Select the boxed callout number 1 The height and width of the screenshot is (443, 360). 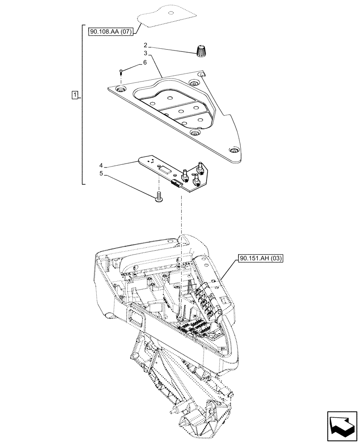pyautogui.click(x=75, y=95)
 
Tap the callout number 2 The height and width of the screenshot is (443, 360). pyautogui.click(x=145, y=45)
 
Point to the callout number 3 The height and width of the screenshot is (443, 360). pyautogui.click(x=145, y=53)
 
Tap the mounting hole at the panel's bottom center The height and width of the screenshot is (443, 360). pyautogui.click(x=194, y=132)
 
